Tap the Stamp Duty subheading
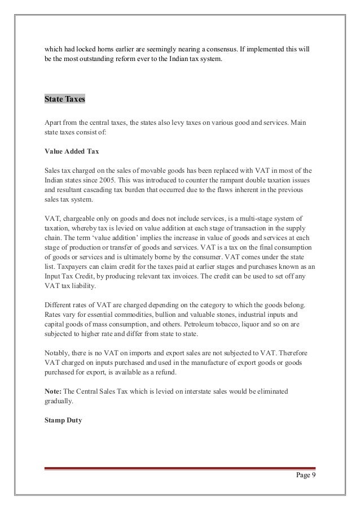pos(63,420)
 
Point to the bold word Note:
pos(54,389)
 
